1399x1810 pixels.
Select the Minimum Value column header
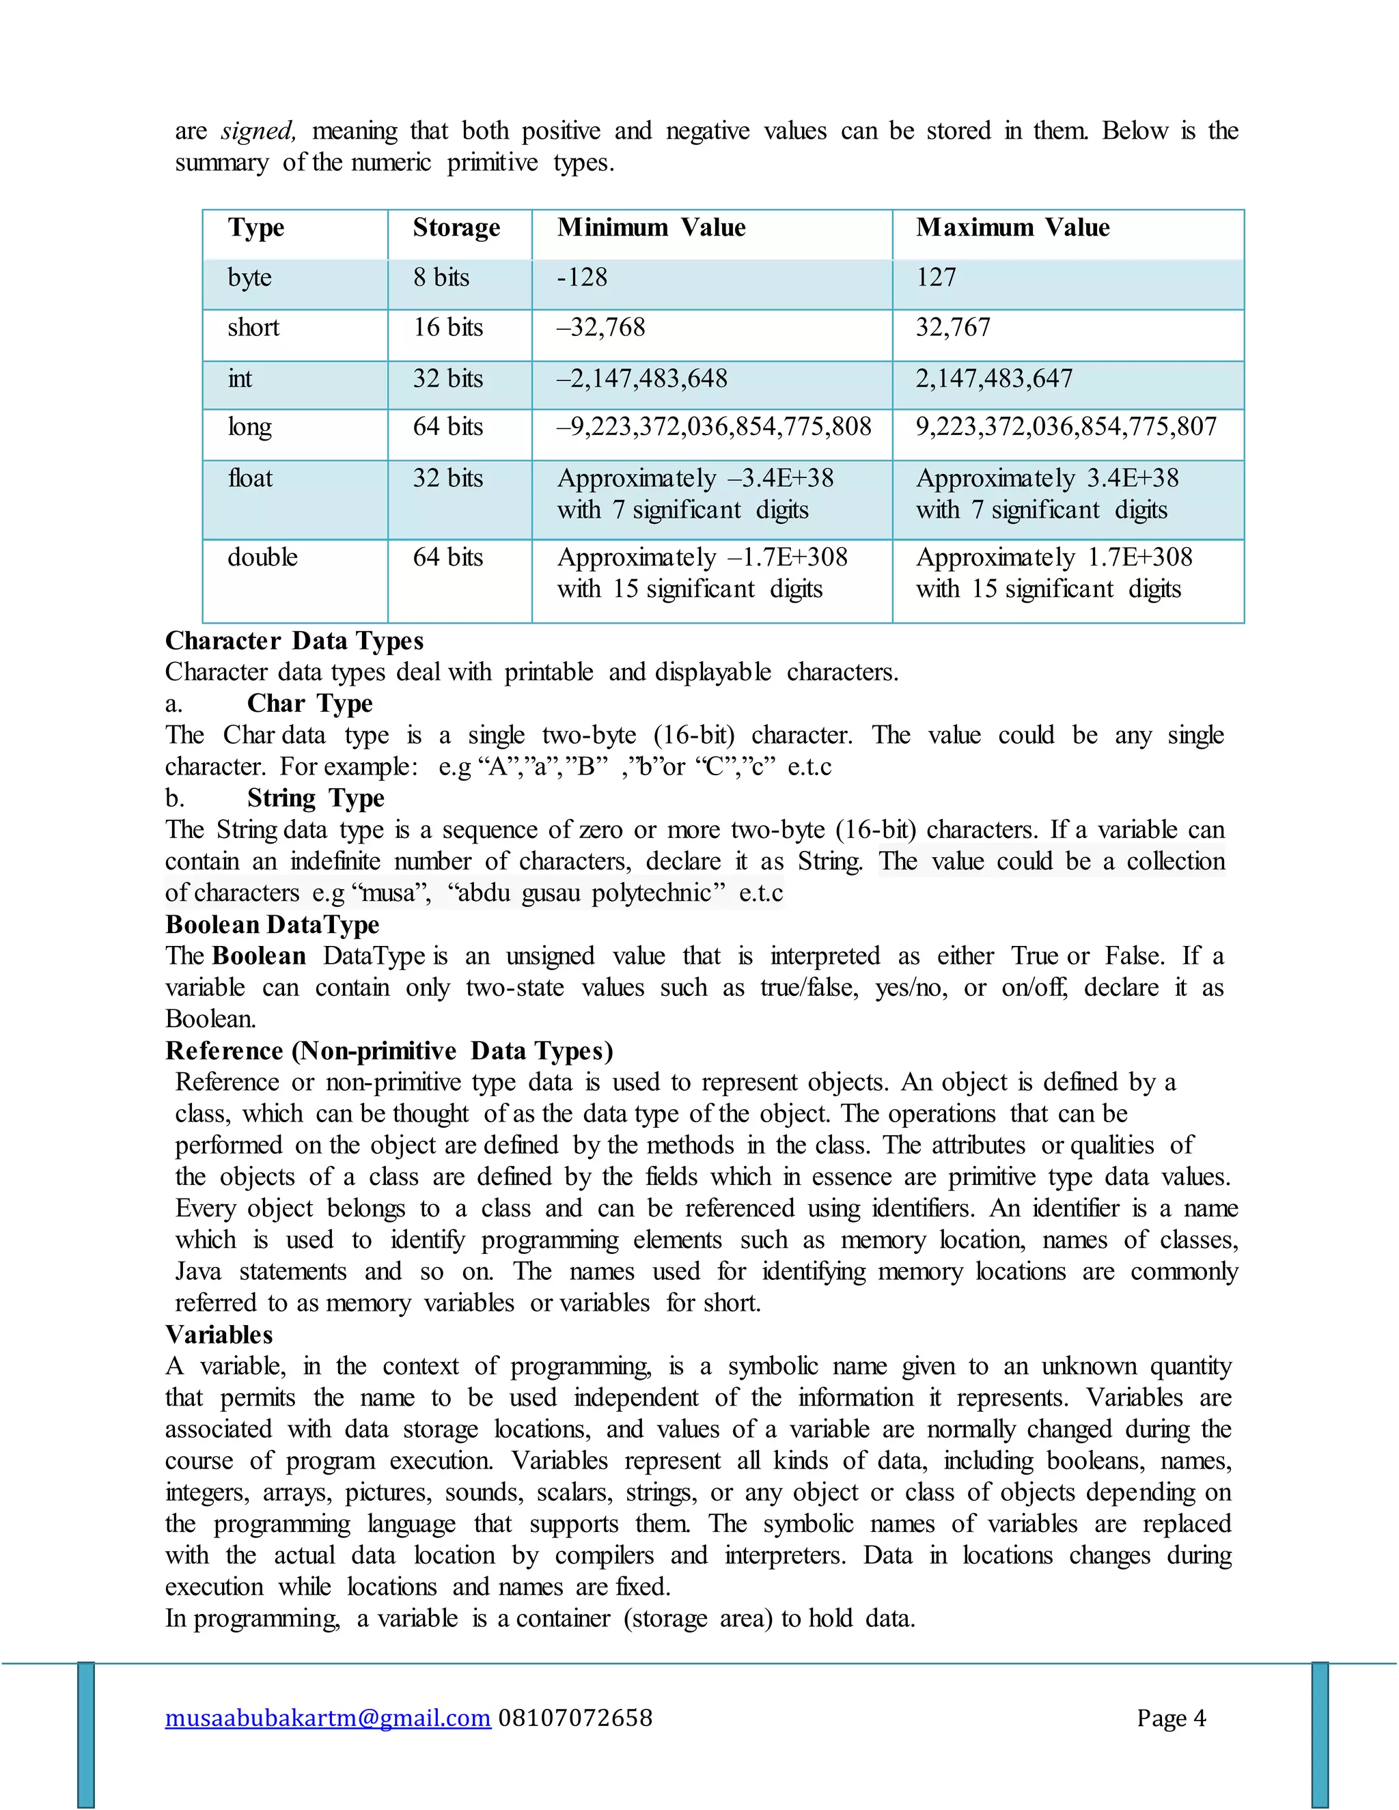point(652,228)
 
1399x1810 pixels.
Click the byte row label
point(249,277)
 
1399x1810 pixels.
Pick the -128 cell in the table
point(582,277)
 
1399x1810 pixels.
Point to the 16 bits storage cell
point(447,327)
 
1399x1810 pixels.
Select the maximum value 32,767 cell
point(952,327)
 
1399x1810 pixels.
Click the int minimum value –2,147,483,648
point(641,379)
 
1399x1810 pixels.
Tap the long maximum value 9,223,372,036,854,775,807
point(1066,427)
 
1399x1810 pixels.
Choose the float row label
point(250,478)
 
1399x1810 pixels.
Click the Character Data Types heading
point(294,641)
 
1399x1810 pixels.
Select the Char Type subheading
point(310,704)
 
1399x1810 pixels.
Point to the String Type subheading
point(316,798)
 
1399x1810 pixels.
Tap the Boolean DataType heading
point(272,924)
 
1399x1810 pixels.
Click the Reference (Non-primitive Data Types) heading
point(389,1051)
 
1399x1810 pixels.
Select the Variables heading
point(219,1335)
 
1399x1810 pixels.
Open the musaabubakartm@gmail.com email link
point(327,1718)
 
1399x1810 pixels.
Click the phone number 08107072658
point(575,1718)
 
